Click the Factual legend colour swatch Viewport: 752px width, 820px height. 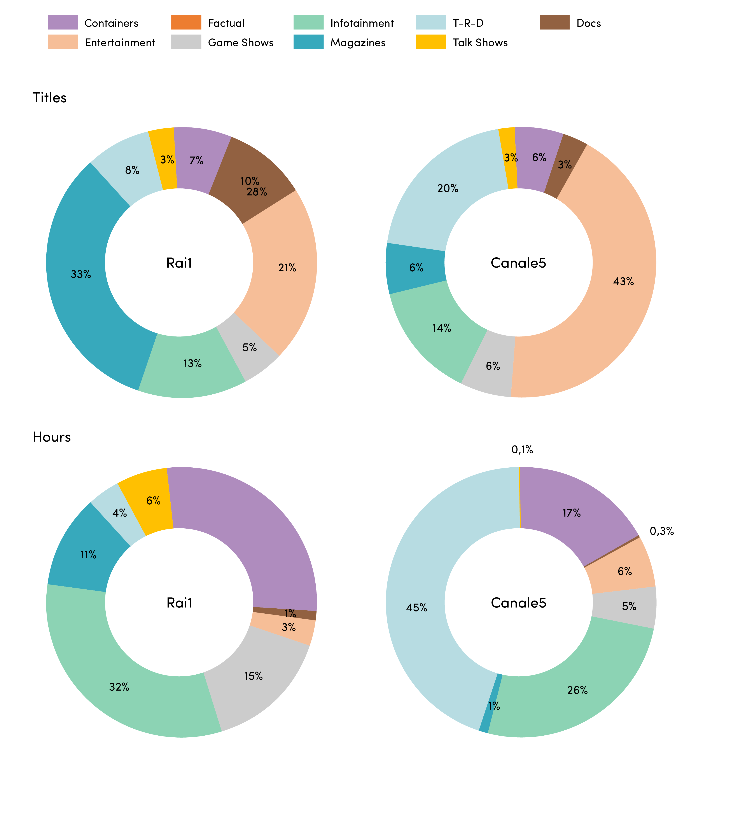(x=186, y=22)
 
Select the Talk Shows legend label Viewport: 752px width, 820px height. (x=480, y=43)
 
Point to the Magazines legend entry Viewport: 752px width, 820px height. (x=339, y=42)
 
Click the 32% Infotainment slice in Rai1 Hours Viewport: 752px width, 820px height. (x=122, y=675)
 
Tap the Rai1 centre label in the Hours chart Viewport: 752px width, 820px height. (x=179, y=603)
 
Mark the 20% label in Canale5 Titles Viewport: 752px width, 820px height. (x=448, y=188)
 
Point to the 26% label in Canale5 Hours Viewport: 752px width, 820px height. (x=577, y=690)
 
